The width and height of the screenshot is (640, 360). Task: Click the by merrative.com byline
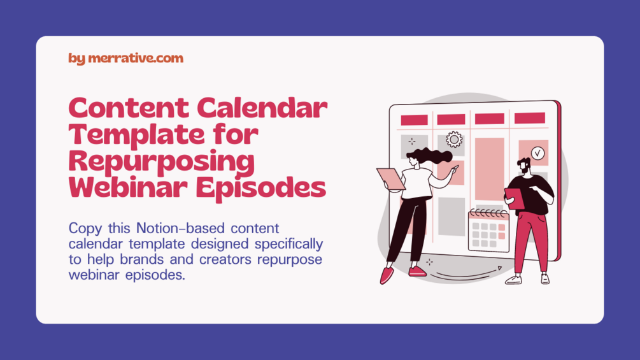pos(125,59)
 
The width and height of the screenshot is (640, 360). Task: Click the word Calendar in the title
pos(262,108)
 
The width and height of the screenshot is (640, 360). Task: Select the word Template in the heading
pos(136,135)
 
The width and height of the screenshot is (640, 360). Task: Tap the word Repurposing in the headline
pos(162,162)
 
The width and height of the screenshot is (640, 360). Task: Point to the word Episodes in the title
pos(261,188)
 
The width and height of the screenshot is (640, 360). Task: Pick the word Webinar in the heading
pos(128,188)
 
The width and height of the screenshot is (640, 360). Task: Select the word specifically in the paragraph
pos(288,245)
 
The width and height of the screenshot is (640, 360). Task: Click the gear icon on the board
pos(454,139)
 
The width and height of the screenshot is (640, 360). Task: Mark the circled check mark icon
pos(537,153)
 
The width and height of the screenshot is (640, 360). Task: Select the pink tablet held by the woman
pos(390,178)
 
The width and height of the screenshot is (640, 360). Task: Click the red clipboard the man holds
pos(514,198)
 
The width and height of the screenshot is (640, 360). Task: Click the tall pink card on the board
pos(489,169)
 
